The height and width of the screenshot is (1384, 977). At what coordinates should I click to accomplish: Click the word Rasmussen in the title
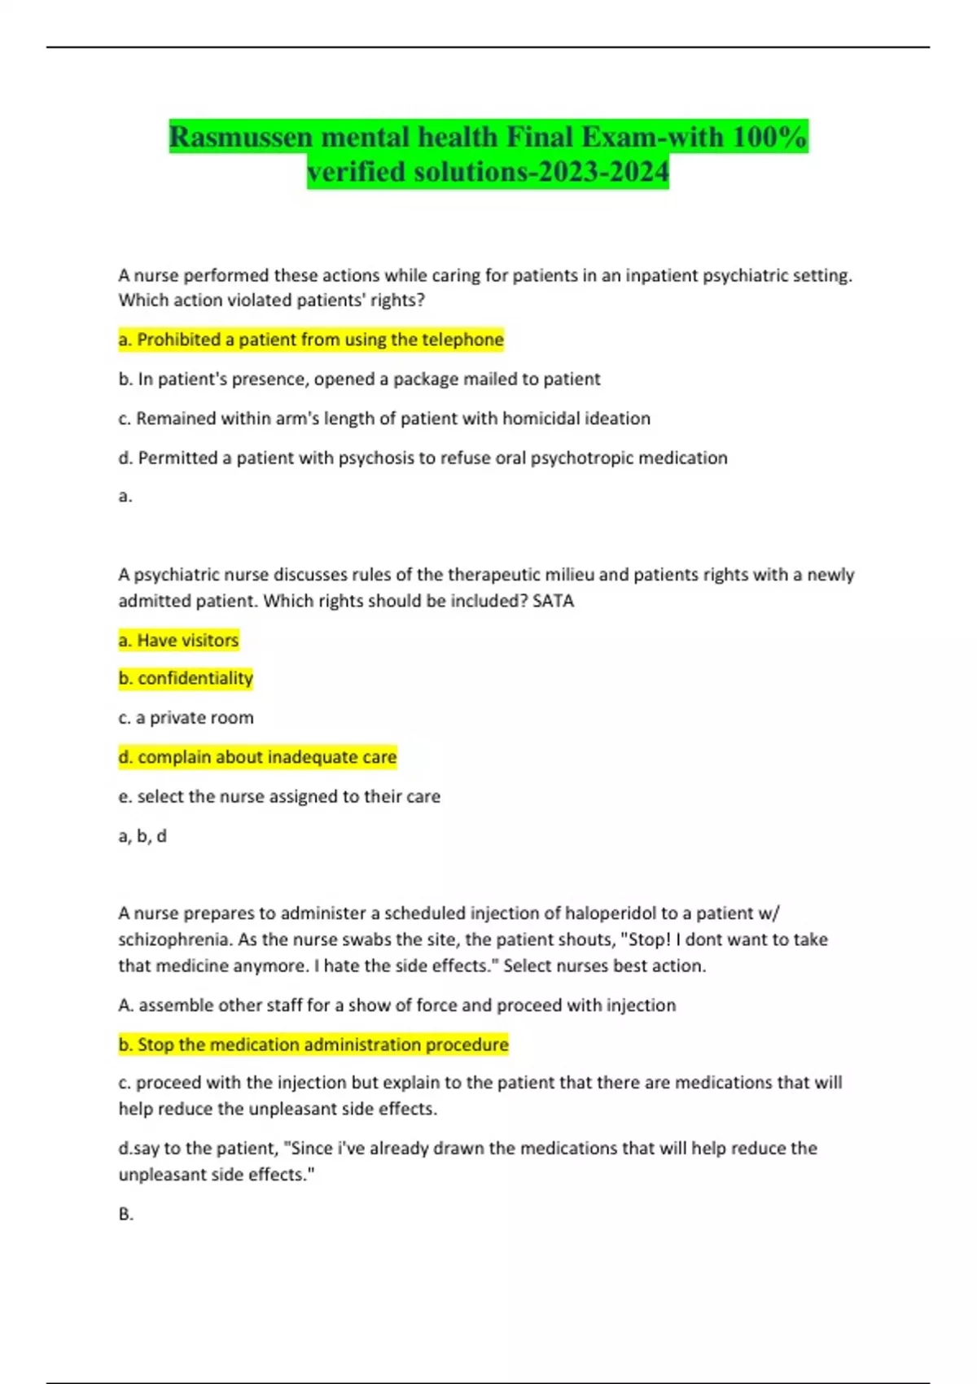(x=241, y=137)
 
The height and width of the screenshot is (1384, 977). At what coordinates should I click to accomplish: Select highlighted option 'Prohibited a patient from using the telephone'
(x=311, y=339)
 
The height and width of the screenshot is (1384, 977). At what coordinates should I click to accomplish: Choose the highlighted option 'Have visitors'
(x=179, y=640)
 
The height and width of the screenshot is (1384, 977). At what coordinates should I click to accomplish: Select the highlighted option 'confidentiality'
(x=186, y=678)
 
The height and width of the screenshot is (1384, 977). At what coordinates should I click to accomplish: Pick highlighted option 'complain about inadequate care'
(x=258, y=757)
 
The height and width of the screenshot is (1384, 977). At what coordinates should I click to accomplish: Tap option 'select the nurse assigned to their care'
(x=279, y=796)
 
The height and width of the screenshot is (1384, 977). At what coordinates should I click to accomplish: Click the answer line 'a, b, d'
(x=142, y=836)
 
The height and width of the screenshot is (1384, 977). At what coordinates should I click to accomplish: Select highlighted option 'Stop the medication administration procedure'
(x=313, y=1045)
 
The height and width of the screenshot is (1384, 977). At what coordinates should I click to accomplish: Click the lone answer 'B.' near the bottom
(x=126, y=1214)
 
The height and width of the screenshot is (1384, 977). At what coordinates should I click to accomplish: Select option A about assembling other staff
(x=397, y=1005)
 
